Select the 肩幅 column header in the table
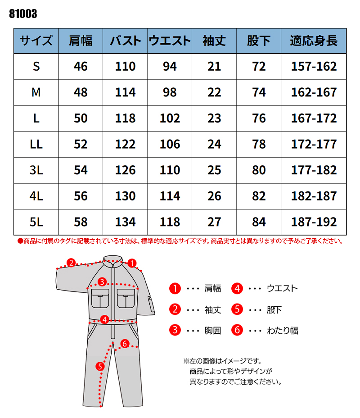tap(81, 41)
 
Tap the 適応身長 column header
tap(314, 41)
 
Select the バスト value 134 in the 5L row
tap(125, 222)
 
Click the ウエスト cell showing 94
tap(170, 67)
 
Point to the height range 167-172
tap(314, 118)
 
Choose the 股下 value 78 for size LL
tap(259, 144)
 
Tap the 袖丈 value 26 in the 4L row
tap(214, 196)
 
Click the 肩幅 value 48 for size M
tap(81, 92)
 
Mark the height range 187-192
tap(314, 222)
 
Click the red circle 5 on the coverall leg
tap(100, 366)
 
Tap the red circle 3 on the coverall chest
tap(102, 282)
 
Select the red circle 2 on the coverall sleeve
tap(71, 263)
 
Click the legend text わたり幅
tap(283, 330)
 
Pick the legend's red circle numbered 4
tap(238, 288)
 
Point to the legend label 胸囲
tap(213, 330)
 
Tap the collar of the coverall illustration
tap(113, 261)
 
